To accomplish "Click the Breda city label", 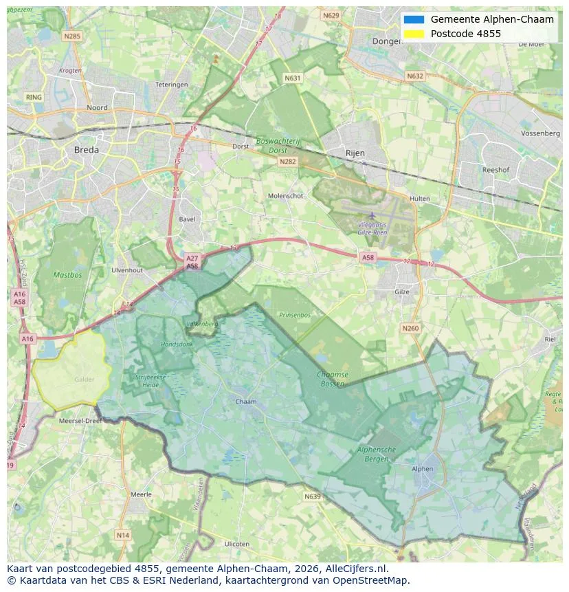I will click(86, 149).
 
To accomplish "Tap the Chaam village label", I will click(245, 402).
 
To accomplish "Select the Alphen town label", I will click(423, 469).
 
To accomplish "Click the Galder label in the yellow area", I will click(85, 380).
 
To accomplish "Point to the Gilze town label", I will click(402, 292).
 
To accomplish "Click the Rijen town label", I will click(355, 153).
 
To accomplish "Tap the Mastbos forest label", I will click(67, 275).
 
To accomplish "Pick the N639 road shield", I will click(312, 496).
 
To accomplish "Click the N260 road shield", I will click(410, 329).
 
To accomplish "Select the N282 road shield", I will click(287, 162).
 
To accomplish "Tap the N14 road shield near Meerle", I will click(122, 535).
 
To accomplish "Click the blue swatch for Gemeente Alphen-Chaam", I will click(414, 19).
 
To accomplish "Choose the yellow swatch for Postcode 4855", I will click(414, 34).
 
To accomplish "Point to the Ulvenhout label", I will click(126, 270).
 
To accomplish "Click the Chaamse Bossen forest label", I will click(333, 379).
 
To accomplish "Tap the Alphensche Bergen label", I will click(377, 453).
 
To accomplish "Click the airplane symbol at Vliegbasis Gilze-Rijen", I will click(372, 216).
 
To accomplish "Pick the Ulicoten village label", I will click(236, 544).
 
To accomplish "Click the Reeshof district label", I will click(495, 169).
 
